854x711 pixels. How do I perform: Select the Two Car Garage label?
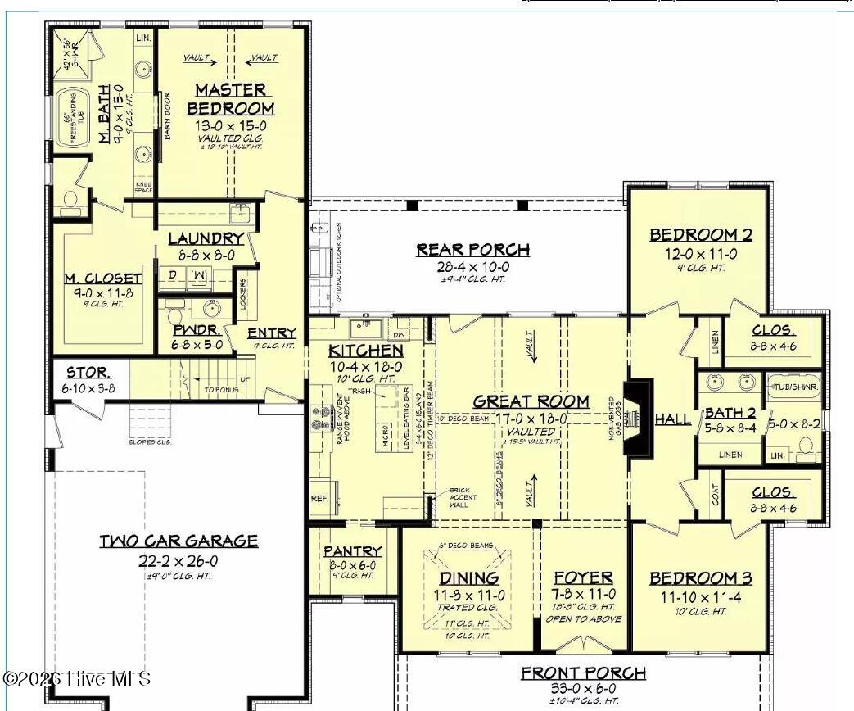(178, 541)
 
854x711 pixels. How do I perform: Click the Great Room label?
(531, 401)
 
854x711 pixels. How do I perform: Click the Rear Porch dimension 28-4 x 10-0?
(472, 267)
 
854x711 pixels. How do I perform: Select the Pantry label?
(352, 551)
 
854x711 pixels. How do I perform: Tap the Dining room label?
(468, 578)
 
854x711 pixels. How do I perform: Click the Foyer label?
(585, 578)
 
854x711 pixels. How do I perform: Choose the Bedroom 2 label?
(700, 236)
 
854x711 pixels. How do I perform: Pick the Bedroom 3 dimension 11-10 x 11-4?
(700, 597)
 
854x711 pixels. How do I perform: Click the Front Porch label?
(583, 673)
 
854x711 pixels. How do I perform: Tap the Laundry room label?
(206, 238)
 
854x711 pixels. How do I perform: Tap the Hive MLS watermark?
(77, 678)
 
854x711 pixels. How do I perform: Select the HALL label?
(673, 419)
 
